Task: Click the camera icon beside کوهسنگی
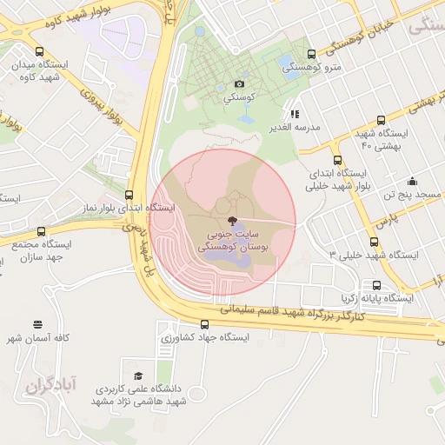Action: coord(240,84)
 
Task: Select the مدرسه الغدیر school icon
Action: coord(296,113)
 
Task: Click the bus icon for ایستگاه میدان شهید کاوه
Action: coord(41,51)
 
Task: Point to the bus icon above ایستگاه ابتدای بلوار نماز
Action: coord(130,195)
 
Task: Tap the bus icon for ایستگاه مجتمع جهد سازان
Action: coord(41,231)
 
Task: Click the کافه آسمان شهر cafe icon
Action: coord(37,323)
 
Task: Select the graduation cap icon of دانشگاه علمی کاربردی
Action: coord(138,375)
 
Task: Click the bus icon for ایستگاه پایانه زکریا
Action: coord(376,284)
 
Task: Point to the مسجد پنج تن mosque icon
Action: coord(411,182)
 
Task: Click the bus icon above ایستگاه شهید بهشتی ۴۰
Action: coord(381,121)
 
